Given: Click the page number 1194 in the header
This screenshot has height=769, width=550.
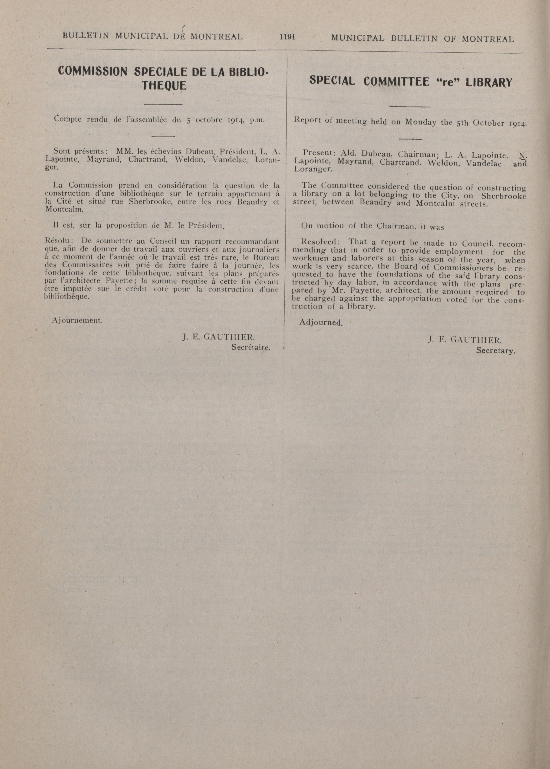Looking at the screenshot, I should click(x=287, y=37).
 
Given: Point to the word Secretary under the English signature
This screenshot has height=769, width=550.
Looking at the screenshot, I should click(x=495, y=351).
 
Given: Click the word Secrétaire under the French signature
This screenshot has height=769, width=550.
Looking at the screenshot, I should click(x=251, y=347).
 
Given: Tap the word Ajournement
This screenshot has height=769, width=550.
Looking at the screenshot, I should click(x=77, y=320).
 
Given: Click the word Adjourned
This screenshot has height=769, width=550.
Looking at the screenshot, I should click(x=321, y=322).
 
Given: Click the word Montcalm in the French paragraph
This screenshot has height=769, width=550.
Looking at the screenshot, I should click(x=64, y=209).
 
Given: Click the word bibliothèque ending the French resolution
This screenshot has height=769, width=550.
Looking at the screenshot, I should click(x=67, y=296).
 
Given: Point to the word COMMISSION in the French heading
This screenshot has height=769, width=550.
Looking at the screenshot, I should click(x=92, y=71).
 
